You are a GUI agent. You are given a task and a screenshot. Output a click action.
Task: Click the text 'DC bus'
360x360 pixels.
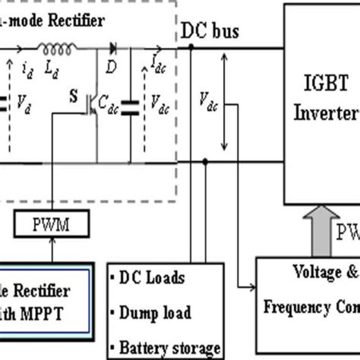click(x=210, y=31)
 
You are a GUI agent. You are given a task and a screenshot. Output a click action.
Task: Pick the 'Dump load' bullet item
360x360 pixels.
click(x=156, y=312)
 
